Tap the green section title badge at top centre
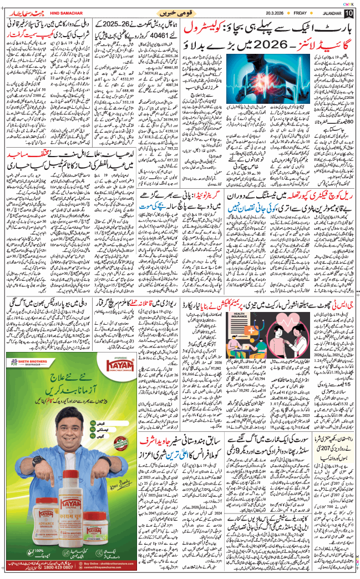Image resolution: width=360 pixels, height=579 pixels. point(176,13)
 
